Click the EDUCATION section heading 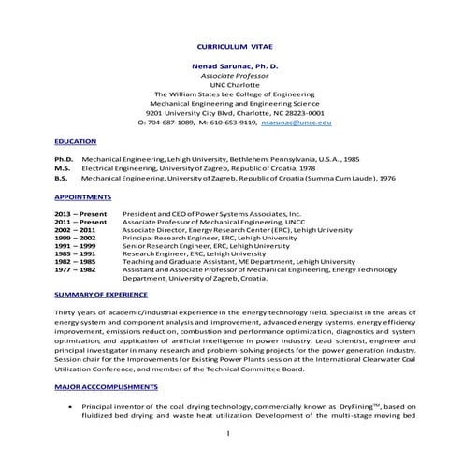pos(75,141)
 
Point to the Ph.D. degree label pos(63,160)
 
